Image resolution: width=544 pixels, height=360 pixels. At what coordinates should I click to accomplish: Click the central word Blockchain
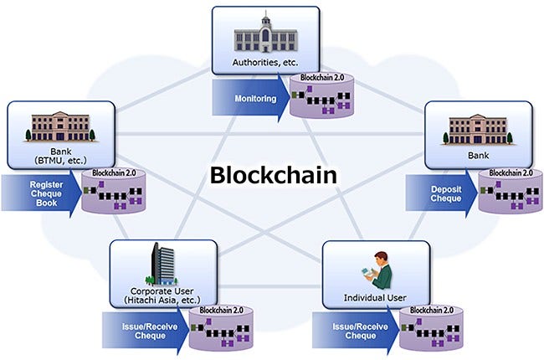[273, 176]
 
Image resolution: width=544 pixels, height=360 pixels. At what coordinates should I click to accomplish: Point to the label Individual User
[375, 298]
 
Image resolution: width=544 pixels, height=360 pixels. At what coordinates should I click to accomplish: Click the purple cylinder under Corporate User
[217, 331]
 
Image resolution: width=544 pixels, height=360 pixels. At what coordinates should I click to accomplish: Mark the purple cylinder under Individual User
[428, 331]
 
